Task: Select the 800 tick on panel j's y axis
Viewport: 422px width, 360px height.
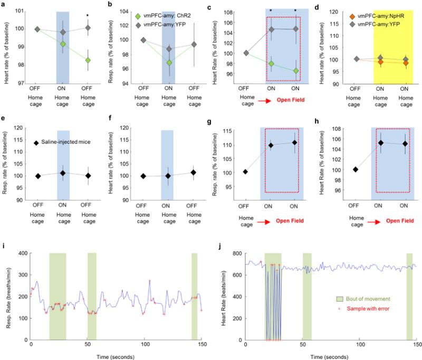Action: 236,253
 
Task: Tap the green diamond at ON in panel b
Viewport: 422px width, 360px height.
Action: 168,63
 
